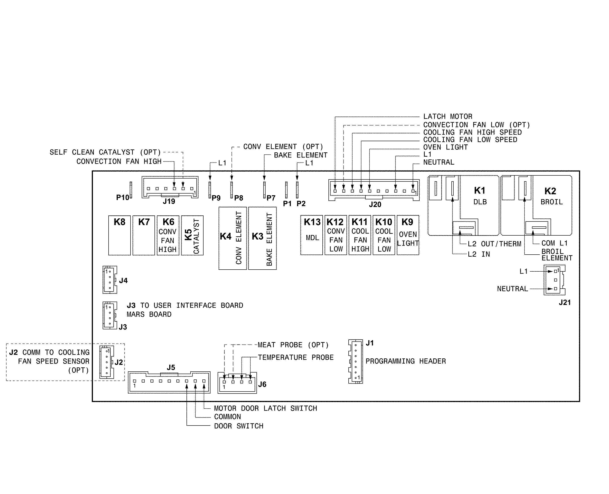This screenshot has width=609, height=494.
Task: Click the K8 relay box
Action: coord(119,235)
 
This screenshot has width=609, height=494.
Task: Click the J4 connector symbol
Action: coord(110,280)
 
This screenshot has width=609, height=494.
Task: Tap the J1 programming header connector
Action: coord(355,361)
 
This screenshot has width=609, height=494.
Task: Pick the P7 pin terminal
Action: coord(264,190)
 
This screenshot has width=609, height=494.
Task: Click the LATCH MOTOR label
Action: coord(448,116)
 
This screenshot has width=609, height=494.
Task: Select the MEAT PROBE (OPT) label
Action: coord(293,345)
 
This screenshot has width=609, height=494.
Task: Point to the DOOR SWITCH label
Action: coord(239,426)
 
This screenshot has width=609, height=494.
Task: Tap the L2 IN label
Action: coord(479,254)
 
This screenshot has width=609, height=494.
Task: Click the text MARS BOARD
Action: coord(149,314)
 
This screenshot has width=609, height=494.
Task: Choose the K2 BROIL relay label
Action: coord(551,196)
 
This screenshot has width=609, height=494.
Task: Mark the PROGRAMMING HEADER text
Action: coord(405,361)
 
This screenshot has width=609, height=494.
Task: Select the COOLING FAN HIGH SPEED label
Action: coord(472,132)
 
